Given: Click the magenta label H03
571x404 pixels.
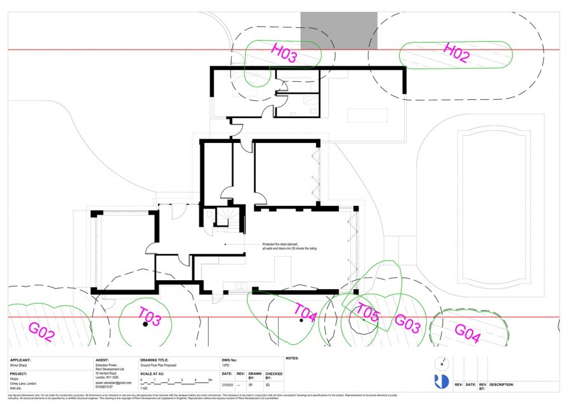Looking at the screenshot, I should click(284, 53).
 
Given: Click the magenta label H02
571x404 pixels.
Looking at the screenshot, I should click(456, 53).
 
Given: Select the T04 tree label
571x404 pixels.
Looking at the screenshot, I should click(305, 311).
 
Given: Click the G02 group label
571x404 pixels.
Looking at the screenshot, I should click(42, 332).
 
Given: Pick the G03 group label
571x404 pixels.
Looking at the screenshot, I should click(407, 323).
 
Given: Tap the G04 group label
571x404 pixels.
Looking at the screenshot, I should click(467, 333).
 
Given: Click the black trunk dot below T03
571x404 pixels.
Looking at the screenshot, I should click(145, 325).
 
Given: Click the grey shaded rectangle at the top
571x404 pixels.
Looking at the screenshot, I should click(339, 30).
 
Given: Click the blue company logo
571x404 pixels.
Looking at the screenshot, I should click(442, 381).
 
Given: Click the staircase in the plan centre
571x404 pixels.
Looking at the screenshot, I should click(226, 219).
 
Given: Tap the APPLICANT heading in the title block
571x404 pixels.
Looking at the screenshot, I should click(20, 360).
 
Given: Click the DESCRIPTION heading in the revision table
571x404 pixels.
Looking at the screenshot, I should click(501, 384).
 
